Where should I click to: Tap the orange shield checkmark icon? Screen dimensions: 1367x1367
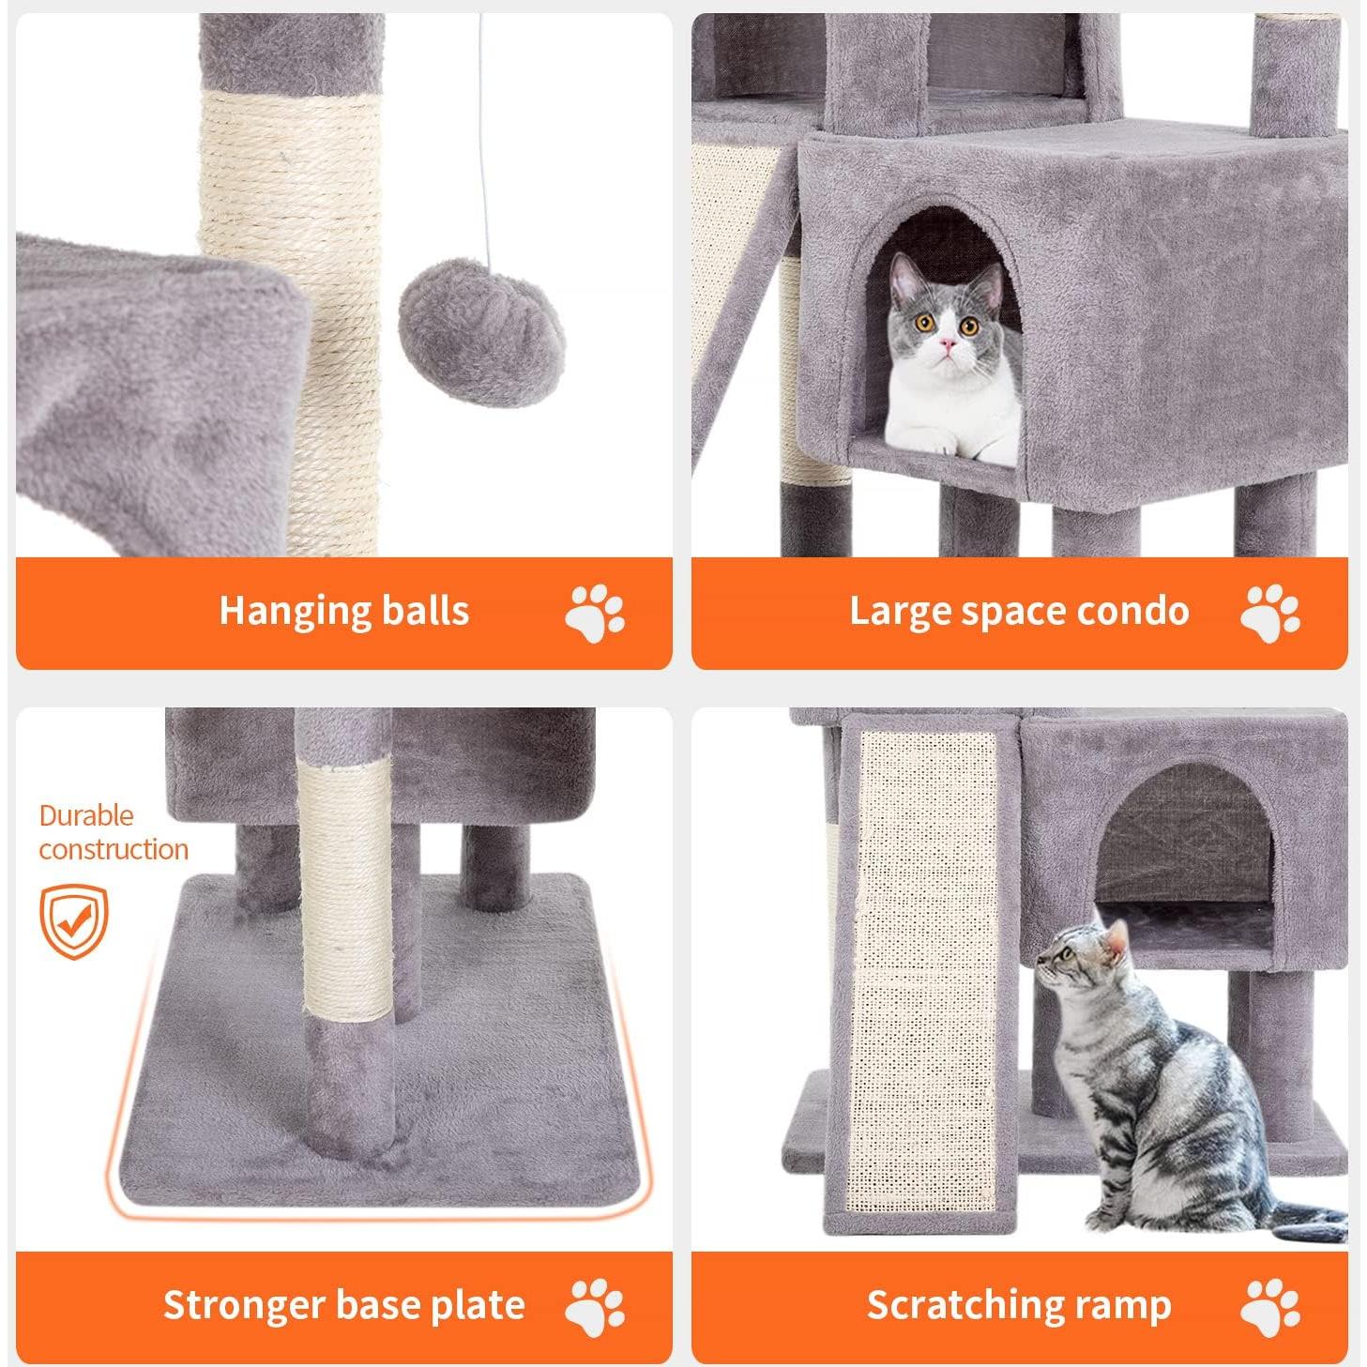click(x=73, y=921)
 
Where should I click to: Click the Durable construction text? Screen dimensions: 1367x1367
click(x=113, y=832)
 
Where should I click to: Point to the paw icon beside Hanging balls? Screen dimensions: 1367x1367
click(x=595, y=614)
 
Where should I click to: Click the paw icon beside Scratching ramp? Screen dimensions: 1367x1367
click(x=1269, y=1307)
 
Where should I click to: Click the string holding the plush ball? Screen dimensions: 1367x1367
click(x=482, y=141)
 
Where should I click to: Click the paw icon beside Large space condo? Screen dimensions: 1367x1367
click(x=1269, y=614)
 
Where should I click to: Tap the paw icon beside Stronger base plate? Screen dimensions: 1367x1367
click(x=595, y=1307)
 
